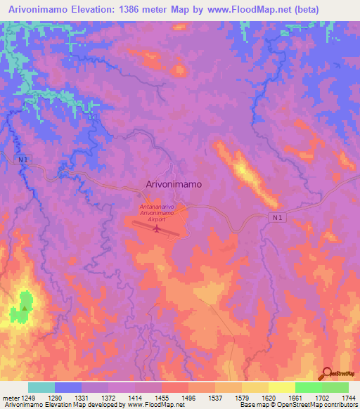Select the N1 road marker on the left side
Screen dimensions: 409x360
(24, 160)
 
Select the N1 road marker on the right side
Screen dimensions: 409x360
(280, 218)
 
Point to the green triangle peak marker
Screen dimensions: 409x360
(25, 307)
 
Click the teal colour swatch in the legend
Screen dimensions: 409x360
(41, 387)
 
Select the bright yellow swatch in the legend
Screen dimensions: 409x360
(281, 387)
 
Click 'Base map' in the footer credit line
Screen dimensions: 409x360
(251, 405)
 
